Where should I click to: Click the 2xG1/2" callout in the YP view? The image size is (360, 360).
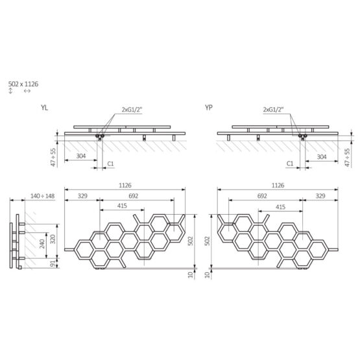click(x=276, y=110)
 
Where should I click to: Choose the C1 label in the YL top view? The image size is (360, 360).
click(x=110, y=165)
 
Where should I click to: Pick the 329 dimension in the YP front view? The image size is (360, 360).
click(x=320, y=195)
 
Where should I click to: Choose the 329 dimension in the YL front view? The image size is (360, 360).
click(x=83, y=195)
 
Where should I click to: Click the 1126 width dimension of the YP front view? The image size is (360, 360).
click(x=278, y=186)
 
